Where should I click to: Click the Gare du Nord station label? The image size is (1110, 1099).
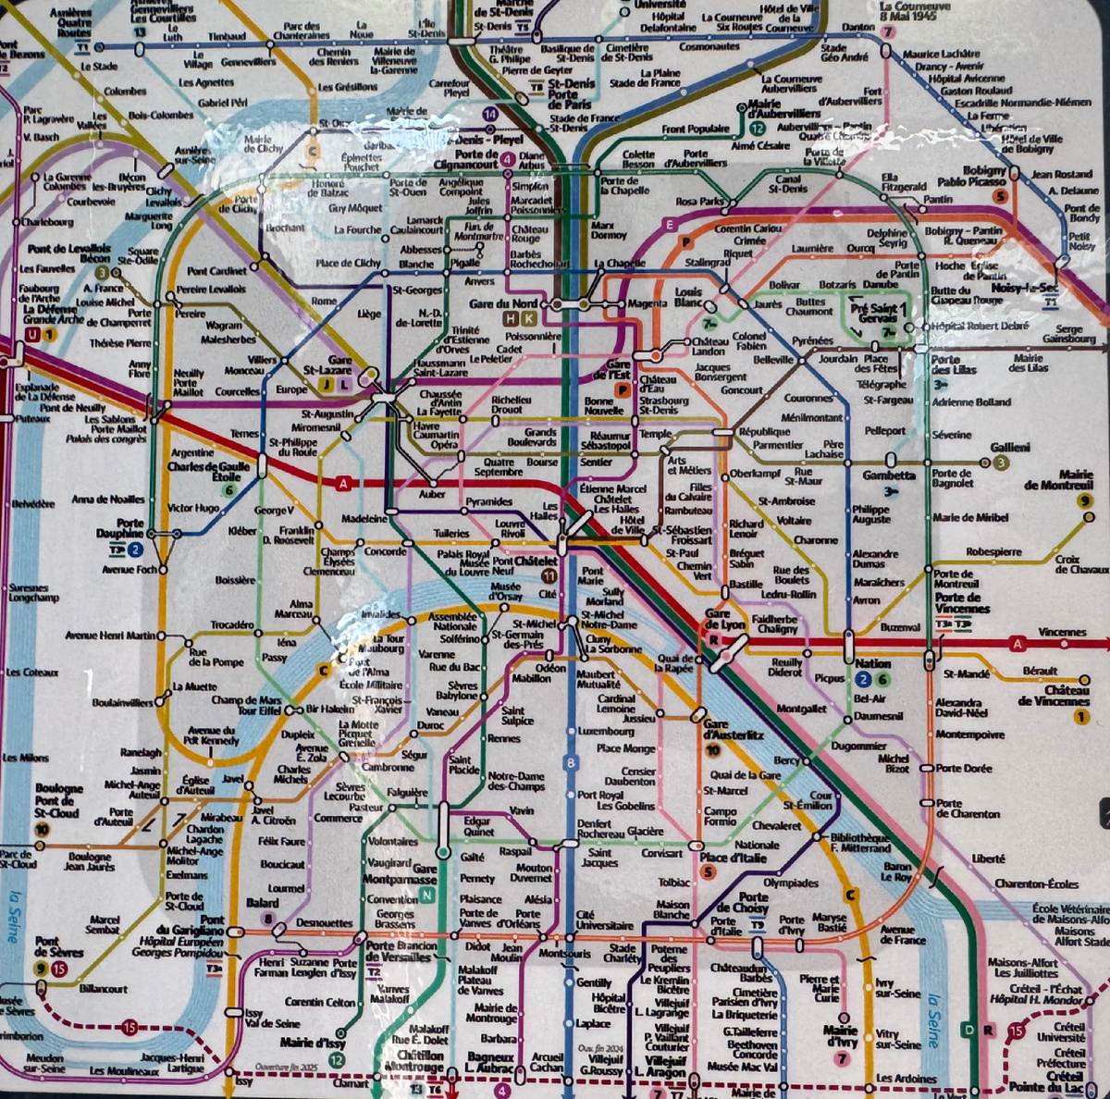pos(503,303)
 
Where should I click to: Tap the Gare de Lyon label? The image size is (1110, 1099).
pos(724,619)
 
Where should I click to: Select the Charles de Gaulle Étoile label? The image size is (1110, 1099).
pos(208,472)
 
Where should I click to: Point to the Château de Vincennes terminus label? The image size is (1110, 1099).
pos(1054,696)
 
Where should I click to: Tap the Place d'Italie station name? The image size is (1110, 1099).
pos(733,858)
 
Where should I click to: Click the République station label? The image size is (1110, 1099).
pos(764,431)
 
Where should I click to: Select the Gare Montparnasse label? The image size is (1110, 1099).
pos(413,874)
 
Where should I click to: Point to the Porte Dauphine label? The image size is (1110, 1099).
pos(120,528)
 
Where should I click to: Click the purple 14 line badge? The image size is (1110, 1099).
pos(489,114)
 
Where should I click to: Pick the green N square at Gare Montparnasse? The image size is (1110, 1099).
pos(426,895)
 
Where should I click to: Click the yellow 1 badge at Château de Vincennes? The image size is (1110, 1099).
pos(1080,716)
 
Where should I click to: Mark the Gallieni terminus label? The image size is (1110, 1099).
pos(1010,448)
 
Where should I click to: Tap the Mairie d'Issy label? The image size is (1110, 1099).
pos(312,1043)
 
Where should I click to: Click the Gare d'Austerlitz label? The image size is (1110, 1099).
pos(734,730)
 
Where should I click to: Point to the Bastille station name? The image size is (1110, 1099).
pos(746,585)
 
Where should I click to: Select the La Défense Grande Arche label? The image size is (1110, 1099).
pos(54,313)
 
